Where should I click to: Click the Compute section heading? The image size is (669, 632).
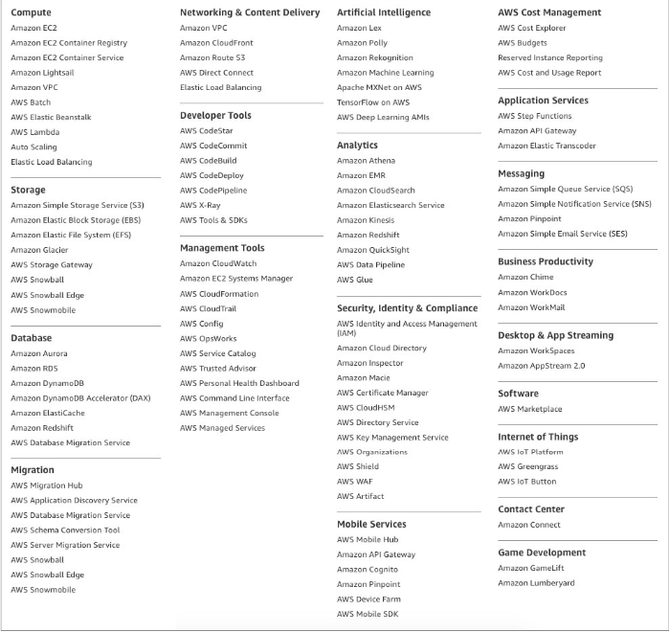31,13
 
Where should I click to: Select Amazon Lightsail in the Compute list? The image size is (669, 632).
42,73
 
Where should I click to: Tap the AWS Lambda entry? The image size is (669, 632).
35,132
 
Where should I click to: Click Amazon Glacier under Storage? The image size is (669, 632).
39,250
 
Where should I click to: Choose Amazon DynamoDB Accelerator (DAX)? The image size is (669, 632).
80,398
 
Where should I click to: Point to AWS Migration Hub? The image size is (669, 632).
47,485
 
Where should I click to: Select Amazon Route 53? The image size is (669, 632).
212,58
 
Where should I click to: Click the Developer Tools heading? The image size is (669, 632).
215,116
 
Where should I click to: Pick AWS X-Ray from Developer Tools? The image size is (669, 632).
200,205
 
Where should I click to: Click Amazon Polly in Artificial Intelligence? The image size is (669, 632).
362,43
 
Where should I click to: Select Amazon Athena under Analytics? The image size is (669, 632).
366,161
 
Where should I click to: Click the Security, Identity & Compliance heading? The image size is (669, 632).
407,308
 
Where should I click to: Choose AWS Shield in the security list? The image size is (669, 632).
358,466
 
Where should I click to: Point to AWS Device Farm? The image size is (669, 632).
368,599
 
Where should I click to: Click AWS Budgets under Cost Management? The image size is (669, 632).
523,43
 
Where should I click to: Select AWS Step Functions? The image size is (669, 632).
534,116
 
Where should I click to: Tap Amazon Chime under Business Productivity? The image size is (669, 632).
525,278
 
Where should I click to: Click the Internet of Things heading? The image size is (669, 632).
538,438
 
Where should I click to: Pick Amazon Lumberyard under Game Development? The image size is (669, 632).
536,583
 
